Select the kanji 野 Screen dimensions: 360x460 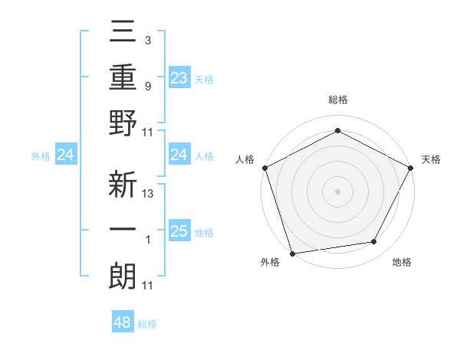coord(123,124)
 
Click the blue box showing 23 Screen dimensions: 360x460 coord(179,77)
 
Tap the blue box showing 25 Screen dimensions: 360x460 coord(179,231)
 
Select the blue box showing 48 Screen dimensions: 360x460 coord(123,322)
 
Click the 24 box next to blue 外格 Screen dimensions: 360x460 coord(66,155)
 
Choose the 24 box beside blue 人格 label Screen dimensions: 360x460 coord(179,155)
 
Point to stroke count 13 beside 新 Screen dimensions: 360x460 coord(148,194)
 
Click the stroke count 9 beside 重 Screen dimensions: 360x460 coord(148,87)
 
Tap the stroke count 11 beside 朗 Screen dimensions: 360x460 coord(148,286)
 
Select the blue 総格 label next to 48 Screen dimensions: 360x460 coord(147,324)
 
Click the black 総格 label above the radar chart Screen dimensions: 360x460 coord(337,100)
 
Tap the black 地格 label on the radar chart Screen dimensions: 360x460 coord(401,262)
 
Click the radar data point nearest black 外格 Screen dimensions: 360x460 coord(293,253)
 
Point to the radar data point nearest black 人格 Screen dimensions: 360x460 coord(264,167)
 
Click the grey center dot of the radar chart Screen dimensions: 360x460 coord(337,191)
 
